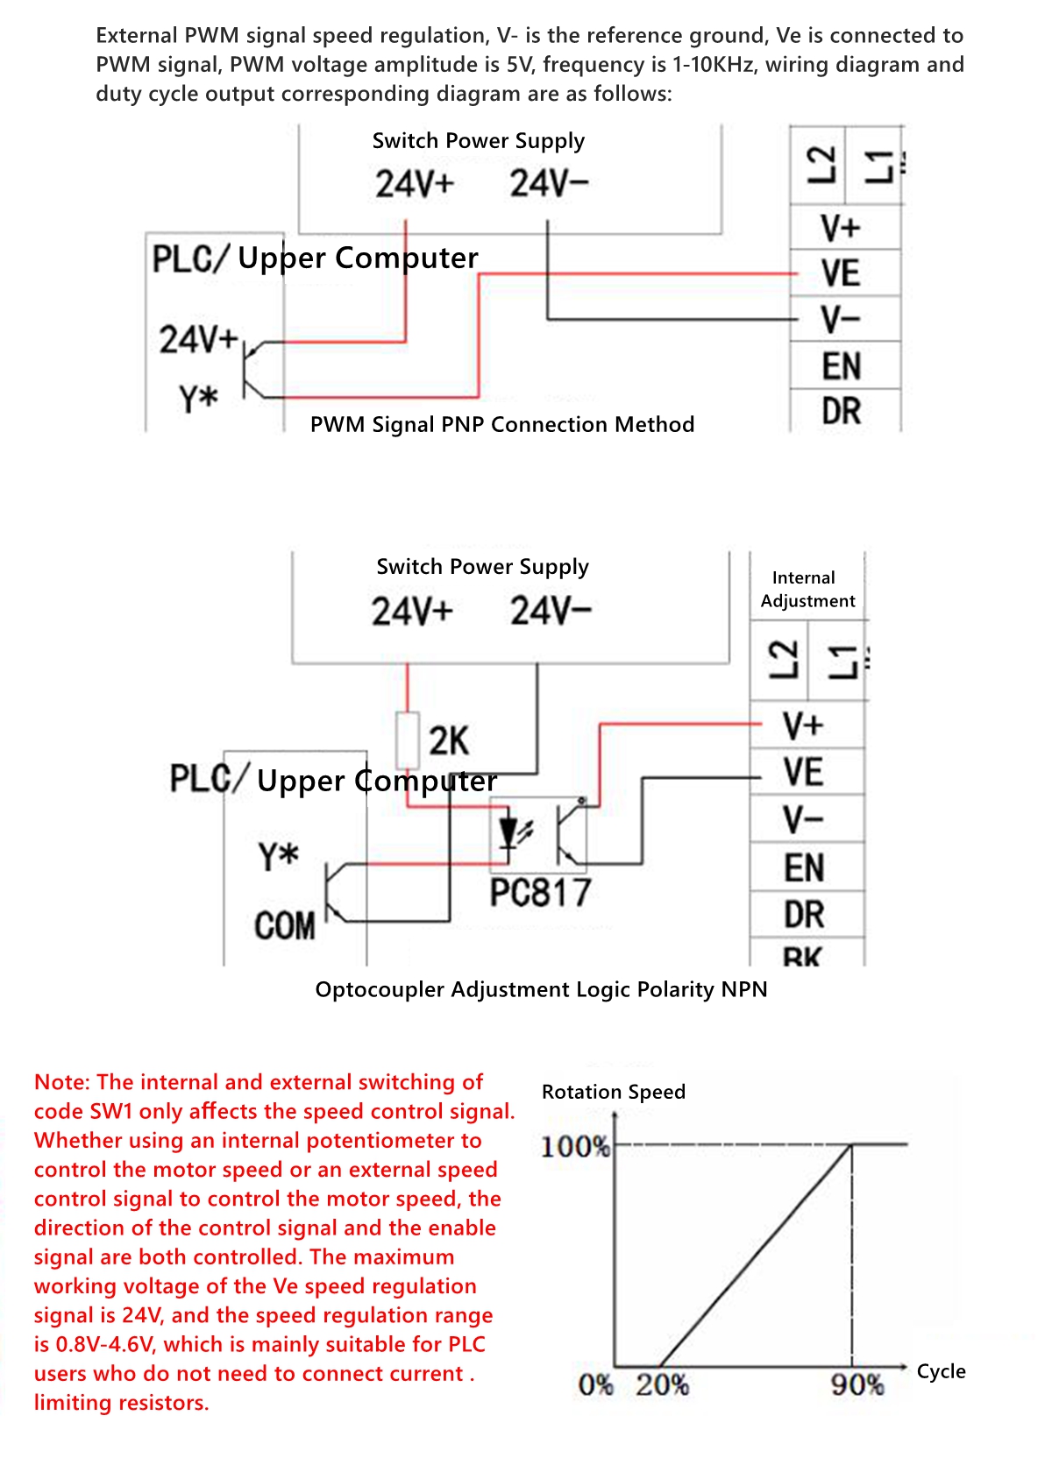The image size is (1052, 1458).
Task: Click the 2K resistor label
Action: click(x=449, y=741)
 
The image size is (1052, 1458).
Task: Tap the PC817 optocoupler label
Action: click(x=540, y=894)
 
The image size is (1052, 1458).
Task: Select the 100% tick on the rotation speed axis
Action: click(x=575, y=1146)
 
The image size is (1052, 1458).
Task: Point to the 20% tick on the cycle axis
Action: click(x=662, y=1385)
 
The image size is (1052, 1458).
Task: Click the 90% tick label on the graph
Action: click(x=857, y=1385)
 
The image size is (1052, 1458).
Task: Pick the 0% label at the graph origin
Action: click(x=596, y=1385)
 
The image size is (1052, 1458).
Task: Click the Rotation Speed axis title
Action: click(x=614, y=1092)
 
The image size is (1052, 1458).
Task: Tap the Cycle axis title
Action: click(x=941, y=1371)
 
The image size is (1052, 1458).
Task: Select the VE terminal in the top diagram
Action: click(x=841, y=273)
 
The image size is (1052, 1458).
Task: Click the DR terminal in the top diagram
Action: click(x=841, y=411)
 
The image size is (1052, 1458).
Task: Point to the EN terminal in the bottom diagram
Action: click(x=804, y=868)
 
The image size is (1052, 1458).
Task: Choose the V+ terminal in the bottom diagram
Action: click(x=804, y=725)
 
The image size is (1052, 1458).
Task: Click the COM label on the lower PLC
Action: click(x=285, y=926)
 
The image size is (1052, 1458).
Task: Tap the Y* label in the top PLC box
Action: click(x=199, y=400)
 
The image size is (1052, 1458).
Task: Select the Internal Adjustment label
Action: click(x=807, y=589)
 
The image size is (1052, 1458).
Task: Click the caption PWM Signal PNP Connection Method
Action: click(x=502, y=425)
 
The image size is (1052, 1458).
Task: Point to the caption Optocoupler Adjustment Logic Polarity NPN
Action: click(x=541, y=989)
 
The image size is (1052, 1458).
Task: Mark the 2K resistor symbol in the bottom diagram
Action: click(x=407, y=741)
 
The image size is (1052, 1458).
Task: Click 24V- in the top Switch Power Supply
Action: click(x=550, y=184)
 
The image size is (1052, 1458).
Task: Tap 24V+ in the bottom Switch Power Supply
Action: click(x=412, y=611)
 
